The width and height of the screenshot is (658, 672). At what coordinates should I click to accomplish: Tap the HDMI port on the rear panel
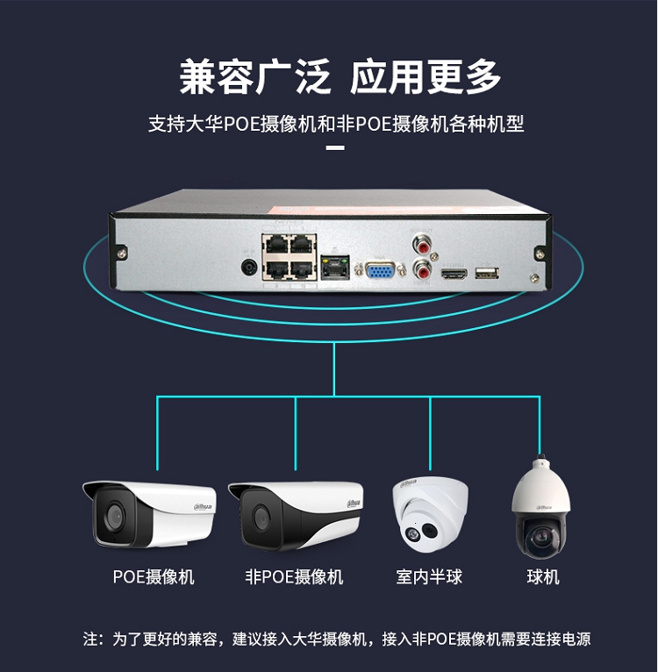tap(454, 275)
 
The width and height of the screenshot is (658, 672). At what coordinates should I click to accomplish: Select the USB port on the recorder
tap(485, 274)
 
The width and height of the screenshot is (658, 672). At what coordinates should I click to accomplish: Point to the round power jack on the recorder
tap(248, 266)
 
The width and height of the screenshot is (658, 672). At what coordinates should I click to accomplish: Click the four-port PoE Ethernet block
tap(289, 255)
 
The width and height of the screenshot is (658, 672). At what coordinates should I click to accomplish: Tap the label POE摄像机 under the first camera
tap(154, 576)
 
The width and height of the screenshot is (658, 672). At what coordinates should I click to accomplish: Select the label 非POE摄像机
tap(294, 576)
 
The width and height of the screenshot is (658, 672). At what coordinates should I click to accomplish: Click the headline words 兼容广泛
tap(255, 77)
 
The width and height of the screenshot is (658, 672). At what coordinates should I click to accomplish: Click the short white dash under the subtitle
tap(335, 148)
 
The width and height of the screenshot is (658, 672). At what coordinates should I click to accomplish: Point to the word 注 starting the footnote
tap(90, 639)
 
